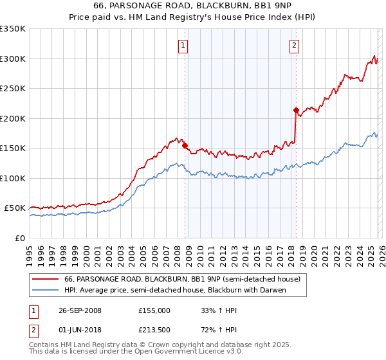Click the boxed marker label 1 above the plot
(183, 45)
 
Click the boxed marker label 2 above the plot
(294, 45)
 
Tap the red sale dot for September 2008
(185, 145)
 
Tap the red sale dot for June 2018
(295, 111)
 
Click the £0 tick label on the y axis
(20, 238)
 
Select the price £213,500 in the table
(154, 331)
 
